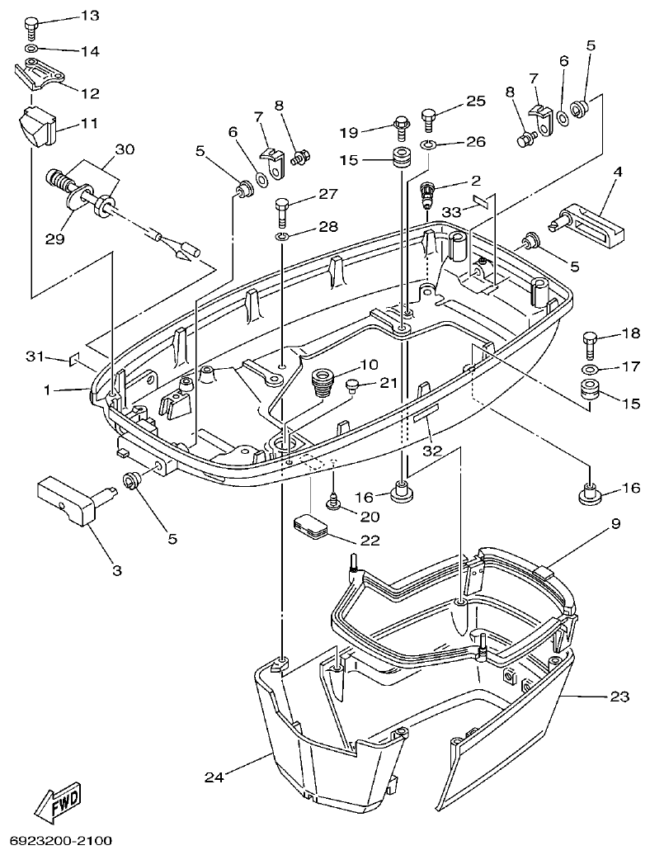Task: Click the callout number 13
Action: coord(88,17)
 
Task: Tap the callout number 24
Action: coord(214,776)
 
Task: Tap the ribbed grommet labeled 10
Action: coord(321,384)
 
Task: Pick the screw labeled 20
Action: coord(335,499)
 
